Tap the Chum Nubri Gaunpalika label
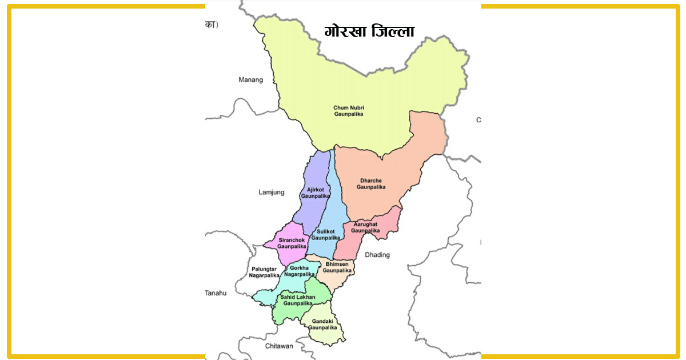349,111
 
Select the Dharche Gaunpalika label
372,183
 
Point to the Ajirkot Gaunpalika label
316,193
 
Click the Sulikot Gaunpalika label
326,234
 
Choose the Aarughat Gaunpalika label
366,227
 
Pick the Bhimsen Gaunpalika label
337,267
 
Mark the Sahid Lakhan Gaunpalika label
297,300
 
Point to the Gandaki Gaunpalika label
322,325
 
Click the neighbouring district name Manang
250,80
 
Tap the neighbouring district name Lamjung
271,193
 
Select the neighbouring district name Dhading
377,255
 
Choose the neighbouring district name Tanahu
216,293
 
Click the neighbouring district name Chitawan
279,346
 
